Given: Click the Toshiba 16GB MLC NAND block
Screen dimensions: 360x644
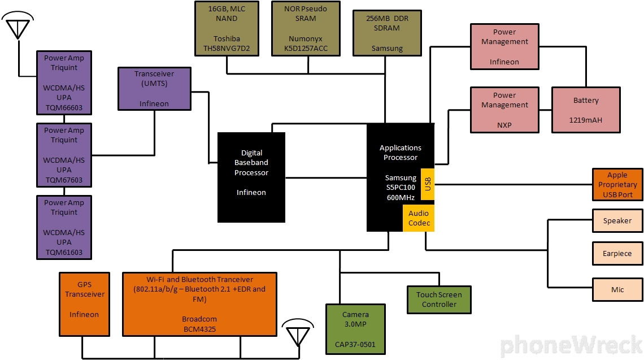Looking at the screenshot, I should (x=226, y=28).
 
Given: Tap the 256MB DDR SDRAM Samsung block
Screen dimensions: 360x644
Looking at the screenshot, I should (x=387, y=33).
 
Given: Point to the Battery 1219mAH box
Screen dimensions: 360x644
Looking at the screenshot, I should (x=586, y=110).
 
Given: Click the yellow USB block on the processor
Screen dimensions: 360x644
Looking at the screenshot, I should (x=427, y=184).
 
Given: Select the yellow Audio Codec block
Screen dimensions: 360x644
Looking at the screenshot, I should (x=418, y=218).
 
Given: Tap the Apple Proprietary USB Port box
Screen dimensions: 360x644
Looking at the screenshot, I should (x=617, y=184).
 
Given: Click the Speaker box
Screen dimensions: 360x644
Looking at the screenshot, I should (x=617, y=220).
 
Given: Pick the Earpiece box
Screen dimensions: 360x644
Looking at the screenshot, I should (x=617, y=254).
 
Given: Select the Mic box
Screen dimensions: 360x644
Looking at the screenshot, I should (x=617, y=289).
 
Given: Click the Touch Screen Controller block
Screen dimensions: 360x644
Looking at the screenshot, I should (x=439, y=300).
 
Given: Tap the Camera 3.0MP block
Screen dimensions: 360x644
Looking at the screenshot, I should (x=355, y=329).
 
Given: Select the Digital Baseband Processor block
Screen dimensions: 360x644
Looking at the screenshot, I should (x=251, y=177).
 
